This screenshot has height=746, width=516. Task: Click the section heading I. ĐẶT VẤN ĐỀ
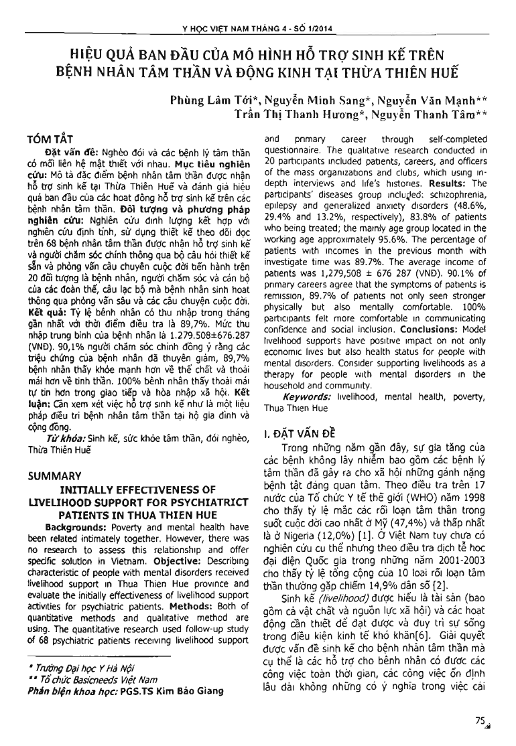point(300,435)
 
